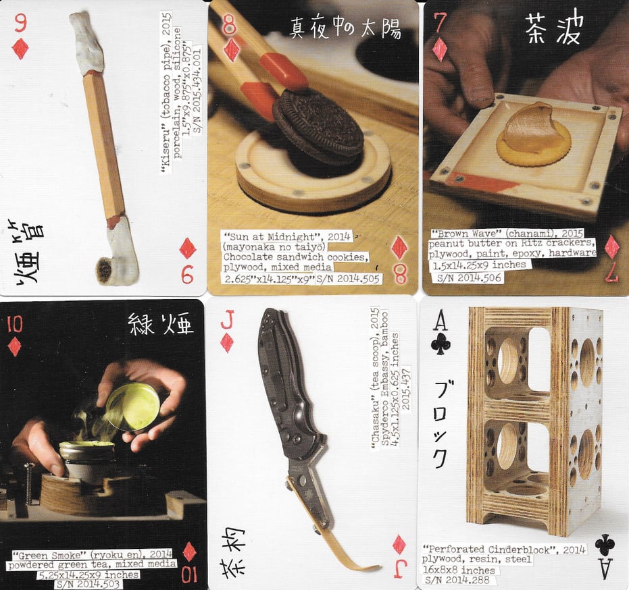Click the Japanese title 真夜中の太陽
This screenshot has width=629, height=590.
[x=345, y=28]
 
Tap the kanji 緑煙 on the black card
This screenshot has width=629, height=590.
[x=160, y=326]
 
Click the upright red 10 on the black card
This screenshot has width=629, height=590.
[x=14, y=324]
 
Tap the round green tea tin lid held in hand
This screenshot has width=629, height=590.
[x=133, y=406]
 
